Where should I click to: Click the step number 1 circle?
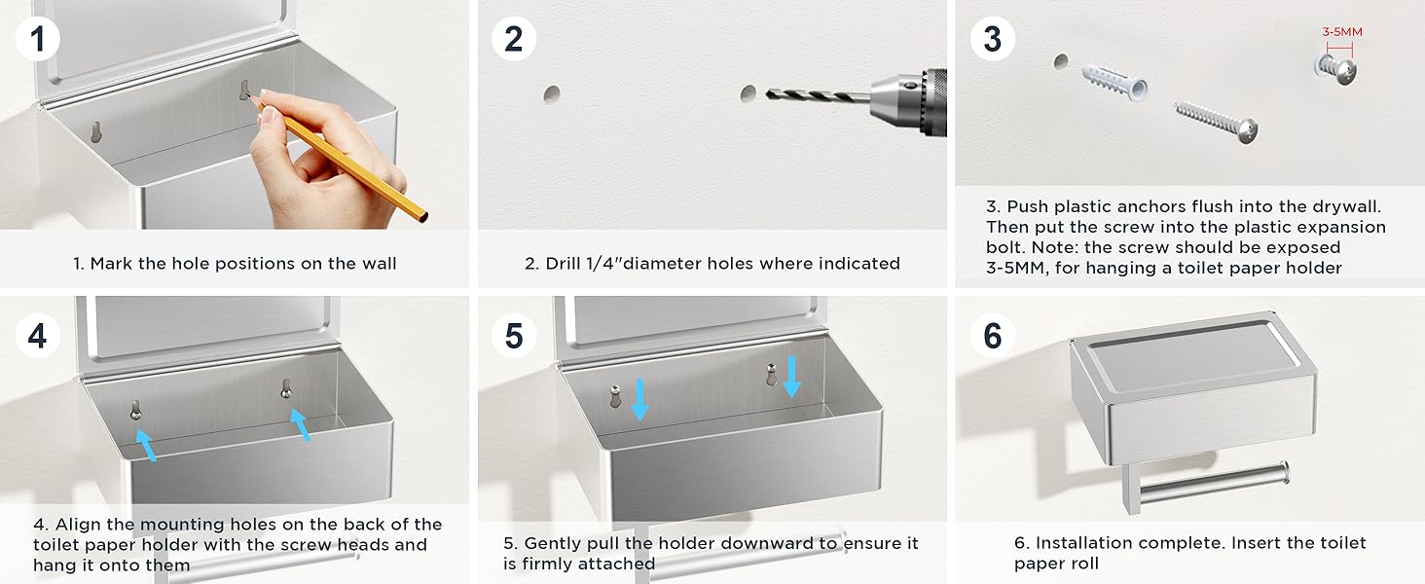pos(38,39)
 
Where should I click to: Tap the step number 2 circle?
pos(514,39)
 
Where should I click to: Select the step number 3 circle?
pos(993,39)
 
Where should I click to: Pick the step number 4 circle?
pos(38,335)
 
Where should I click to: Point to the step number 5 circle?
pos(514,335)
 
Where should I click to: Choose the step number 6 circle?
pos(993,335)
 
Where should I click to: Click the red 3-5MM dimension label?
pos(1342,32)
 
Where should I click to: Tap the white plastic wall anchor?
pos(1114,82)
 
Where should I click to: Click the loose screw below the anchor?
pos(1216,122)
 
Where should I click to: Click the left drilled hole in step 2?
pos(552,94)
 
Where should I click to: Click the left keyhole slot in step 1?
pos(96,131)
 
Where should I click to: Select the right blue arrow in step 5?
pos(791,377)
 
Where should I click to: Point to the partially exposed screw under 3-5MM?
pos(1335,69)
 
